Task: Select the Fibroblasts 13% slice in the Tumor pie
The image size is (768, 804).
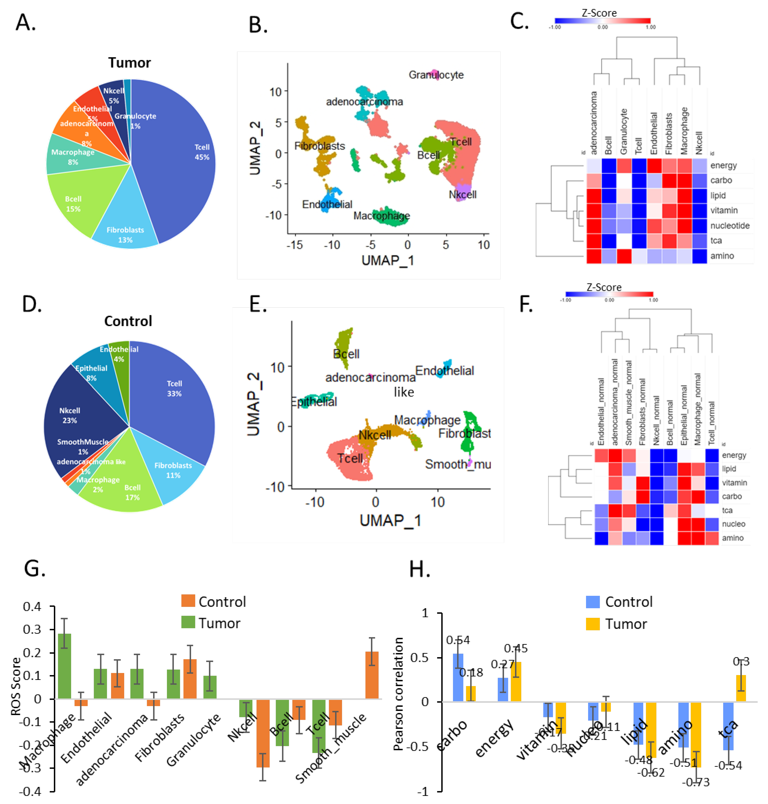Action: point(125,229)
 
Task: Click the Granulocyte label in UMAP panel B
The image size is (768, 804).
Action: point(436,75)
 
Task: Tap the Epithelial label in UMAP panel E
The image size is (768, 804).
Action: point(314,401)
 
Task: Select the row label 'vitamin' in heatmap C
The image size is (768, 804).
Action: point(724,210)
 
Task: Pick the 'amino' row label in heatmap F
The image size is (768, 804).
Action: point(732,538)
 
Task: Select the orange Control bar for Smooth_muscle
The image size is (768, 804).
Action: point(372,675)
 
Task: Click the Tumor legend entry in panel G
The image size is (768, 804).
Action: point(211,623)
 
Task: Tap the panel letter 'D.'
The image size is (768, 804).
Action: point(32,304)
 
